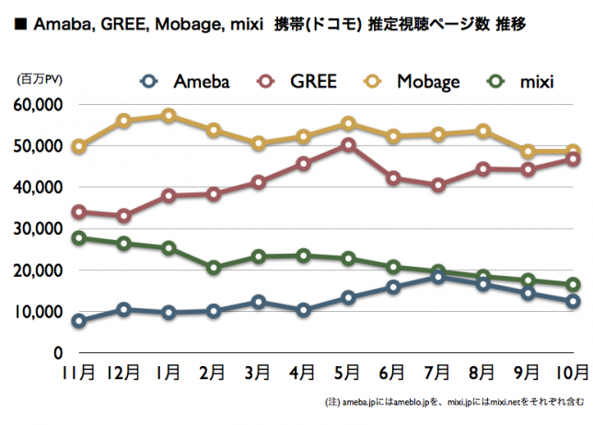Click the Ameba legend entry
click(188, 82)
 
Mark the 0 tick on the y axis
click(57, 352)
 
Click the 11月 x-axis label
click(79, 373)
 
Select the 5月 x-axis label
click(348, 373)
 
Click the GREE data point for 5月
click(348, 144)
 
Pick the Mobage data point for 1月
click(169, 116)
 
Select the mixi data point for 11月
click(79, 238)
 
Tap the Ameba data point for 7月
click(437, 276)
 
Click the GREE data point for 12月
click(123, 216)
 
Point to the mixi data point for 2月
click(214, 268)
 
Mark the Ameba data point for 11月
click(79, 321)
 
